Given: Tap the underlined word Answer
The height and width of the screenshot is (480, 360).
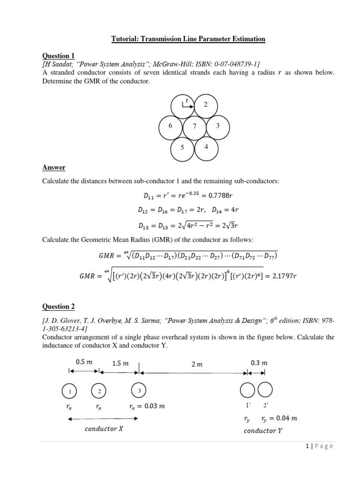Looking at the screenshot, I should click(54, 167).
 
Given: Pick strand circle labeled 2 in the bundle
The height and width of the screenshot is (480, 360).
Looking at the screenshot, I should click(205, 105).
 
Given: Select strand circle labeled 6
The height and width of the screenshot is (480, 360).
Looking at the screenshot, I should click(171, 127).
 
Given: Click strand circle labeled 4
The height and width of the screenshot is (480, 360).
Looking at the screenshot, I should click(205, 147).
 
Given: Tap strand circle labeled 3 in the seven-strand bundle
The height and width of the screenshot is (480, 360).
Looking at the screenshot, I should click(217, 127).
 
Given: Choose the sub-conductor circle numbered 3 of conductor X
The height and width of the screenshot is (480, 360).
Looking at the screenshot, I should click(139, 390).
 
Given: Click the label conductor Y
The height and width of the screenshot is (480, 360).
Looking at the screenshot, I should click(263, 431).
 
